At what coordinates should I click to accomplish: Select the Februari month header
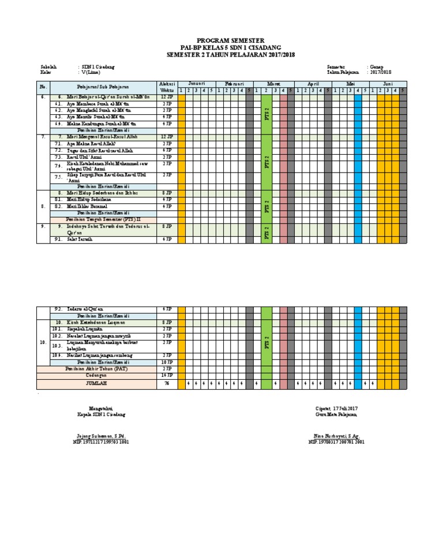click(234, 84)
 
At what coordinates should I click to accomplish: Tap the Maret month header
click(273, 84)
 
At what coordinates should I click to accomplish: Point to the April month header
click(313, 84)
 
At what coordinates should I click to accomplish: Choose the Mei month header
click(350, 84)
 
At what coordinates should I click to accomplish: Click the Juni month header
click(388, 84)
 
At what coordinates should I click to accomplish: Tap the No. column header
click(43, 87)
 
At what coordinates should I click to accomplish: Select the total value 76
click(167, 383)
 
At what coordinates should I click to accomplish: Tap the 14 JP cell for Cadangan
click(167, 375)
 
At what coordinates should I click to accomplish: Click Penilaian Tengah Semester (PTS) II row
click(103, 220)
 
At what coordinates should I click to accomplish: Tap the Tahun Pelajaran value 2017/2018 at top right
click(381, 73)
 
